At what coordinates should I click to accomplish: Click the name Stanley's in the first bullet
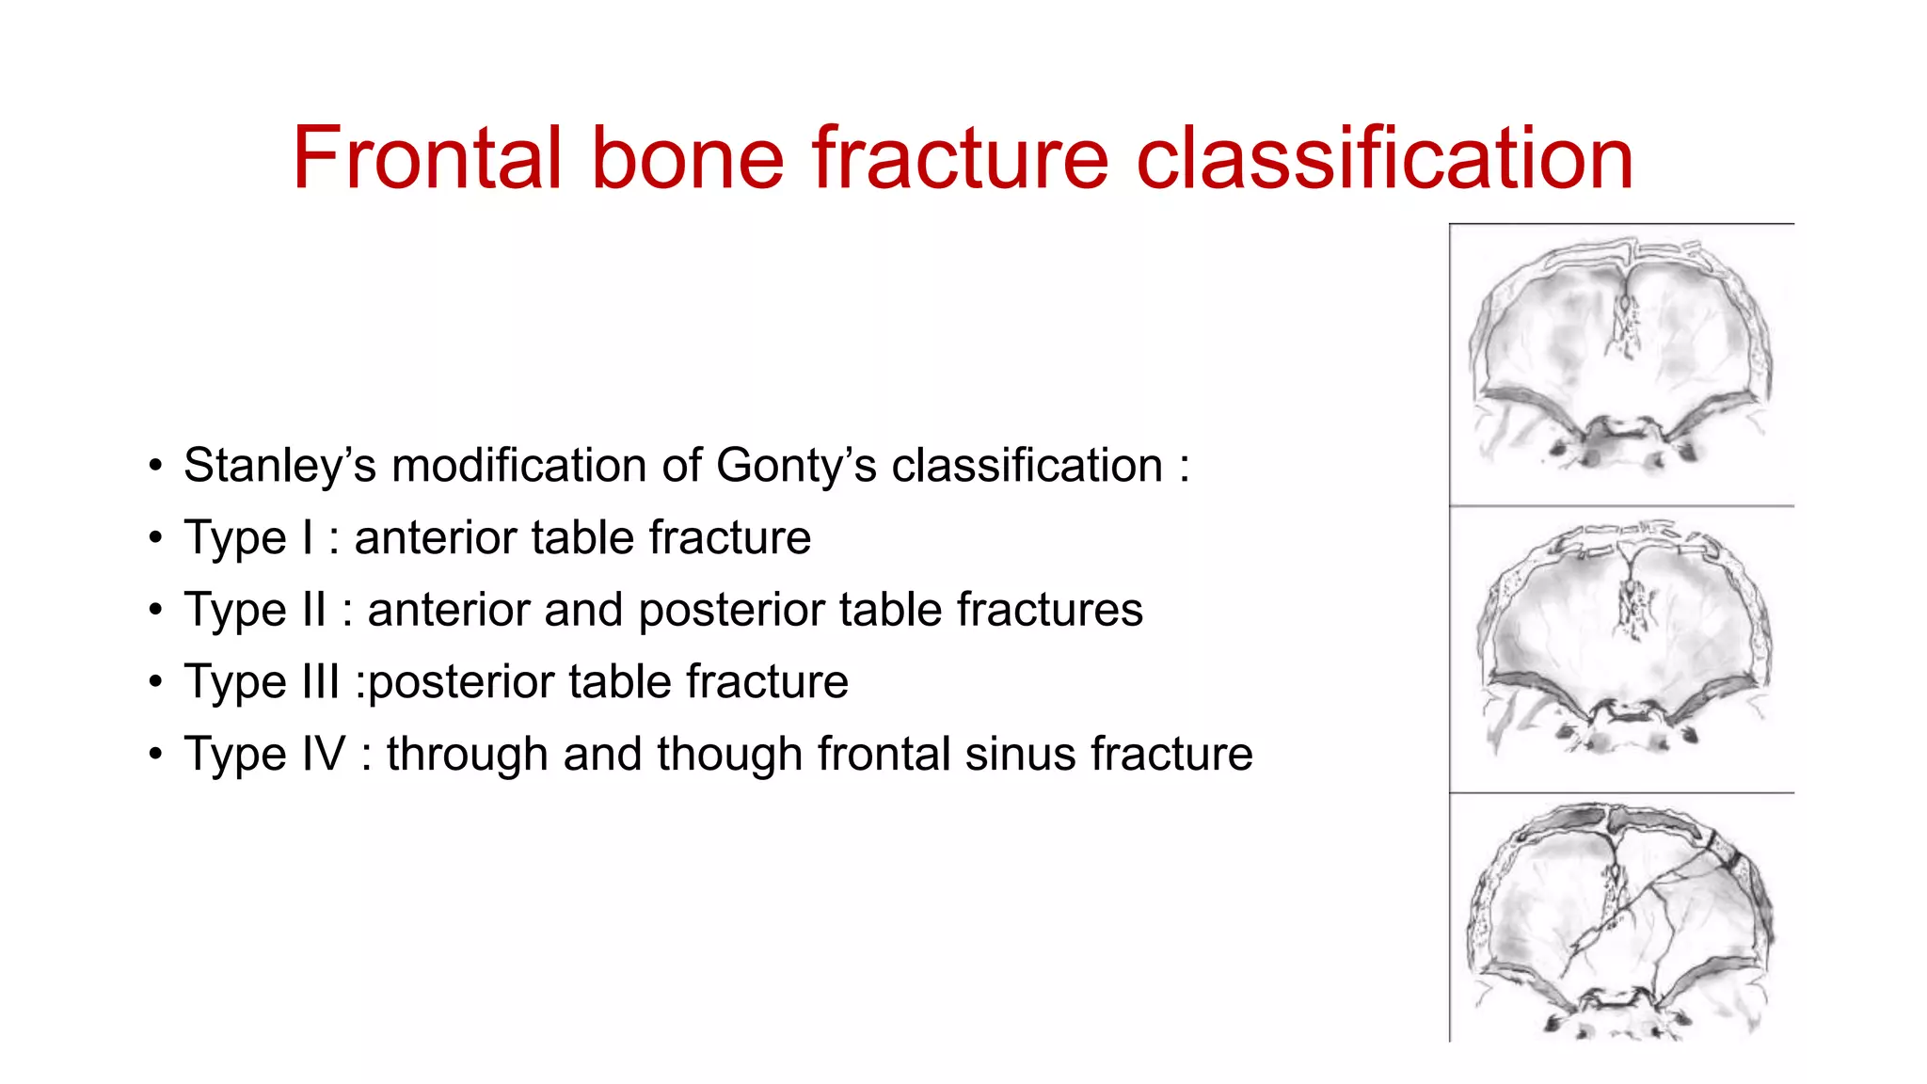pos(279,466)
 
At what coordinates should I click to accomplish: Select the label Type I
pos(248,538)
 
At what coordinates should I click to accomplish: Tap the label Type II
pos(255,610)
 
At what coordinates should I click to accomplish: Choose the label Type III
pos(262,682)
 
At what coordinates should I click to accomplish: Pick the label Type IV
pos(264,755)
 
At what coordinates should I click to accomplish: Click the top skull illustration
pos(1621,362)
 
